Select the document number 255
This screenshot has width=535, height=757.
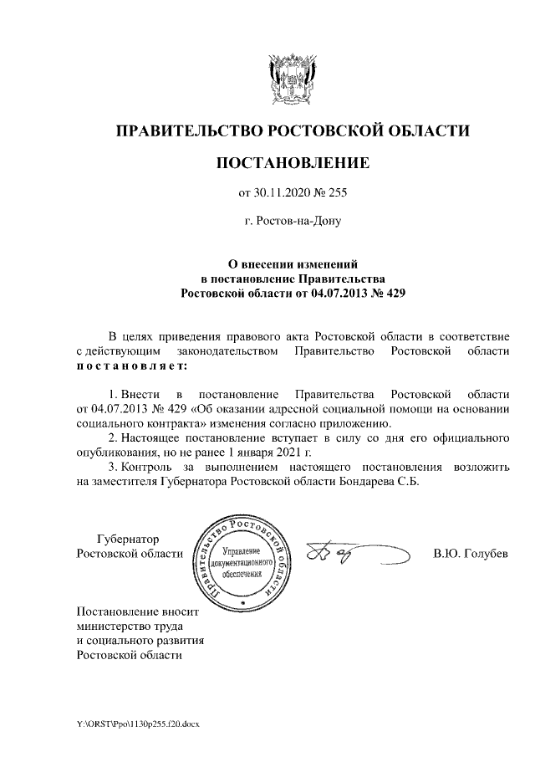click(x=336, y=195)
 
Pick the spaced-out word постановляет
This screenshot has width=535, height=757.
click(x=131, y=366)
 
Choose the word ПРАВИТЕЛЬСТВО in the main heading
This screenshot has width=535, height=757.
click(x=189, y=131)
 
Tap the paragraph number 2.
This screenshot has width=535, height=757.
click(x=114, y=437)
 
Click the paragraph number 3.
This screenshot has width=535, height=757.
click(x=114, y=468)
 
